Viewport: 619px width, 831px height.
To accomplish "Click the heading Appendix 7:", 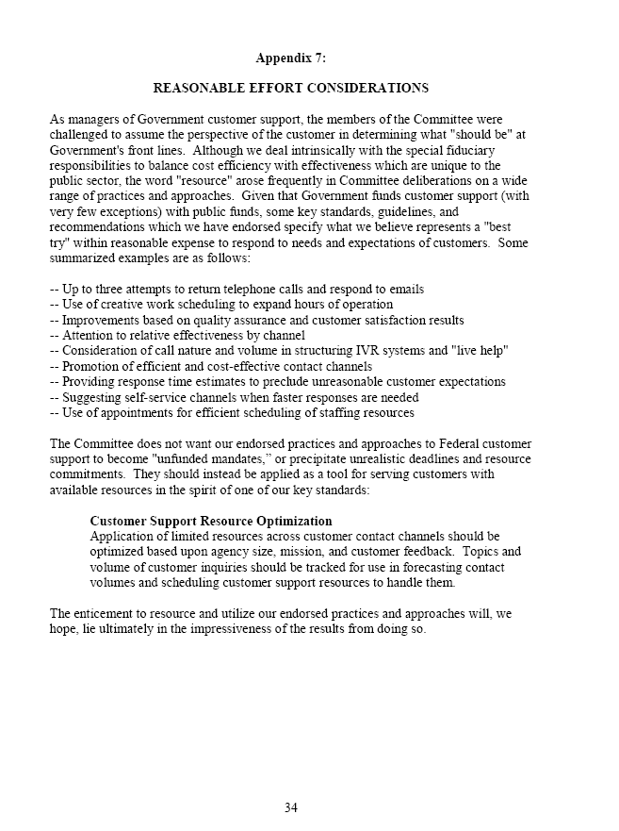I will click(290, 58).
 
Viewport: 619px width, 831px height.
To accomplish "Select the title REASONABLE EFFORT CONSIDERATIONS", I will click(290, 88).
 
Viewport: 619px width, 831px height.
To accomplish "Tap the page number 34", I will click(291, 807).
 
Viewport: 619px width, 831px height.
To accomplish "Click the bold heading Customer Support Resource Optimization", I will click(210, 521).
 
